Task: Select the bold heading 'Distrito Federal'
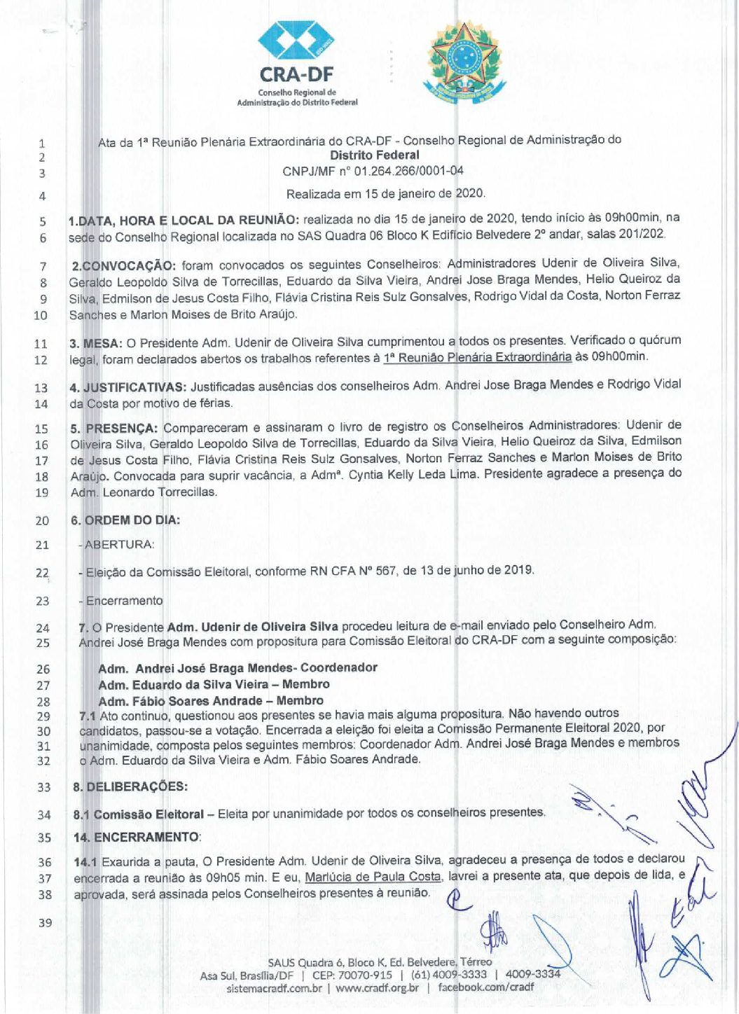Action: click(x=375, y=155)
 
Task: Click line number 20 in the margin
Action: click(x=42, y=520)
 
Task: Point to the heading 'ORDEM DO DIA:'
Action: click(x=132, y=520)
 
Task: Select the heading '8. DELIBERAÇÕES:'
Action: click(x=130, y=786)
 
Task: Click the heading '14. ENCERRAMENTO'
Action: click(x=137, y=838)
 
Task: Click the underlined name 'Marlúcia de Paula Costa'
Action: click(x=373, y=877)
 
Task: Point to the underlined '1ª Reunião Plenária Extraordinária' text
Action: click(x=477, y=357)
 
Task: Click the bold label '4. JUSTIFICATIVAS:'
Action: click(x=127, y=387)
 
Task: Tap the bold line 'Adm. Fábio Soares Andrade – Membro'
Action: click(x=211, y=701)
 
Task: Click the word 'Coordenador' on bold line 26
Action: click(x=339, y=667)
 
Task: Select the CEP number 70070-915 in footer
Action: click(x=362, y=975)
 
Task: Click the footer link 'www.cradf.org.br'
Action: click(x=378, y=988)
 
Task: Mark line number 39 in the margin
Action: click(x=45, y=923)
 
